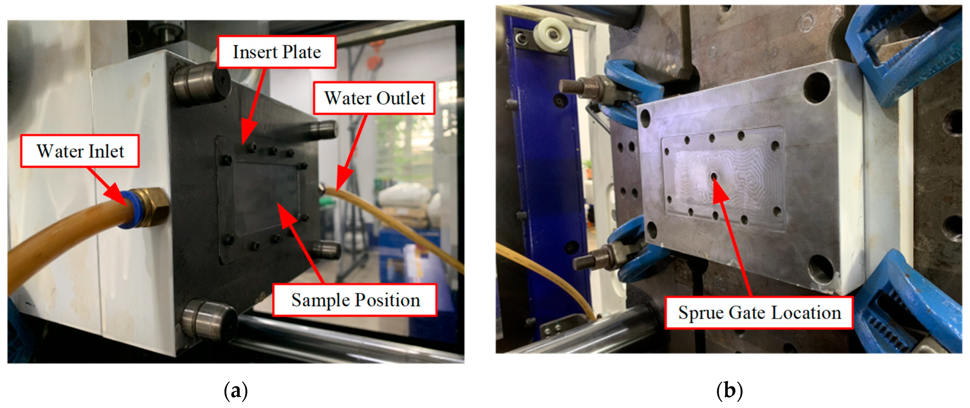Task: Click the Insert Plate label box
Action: (x=277, y=52)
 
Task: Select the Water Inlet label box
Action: (x=80, y=151)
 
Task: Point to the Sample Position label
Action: (x=355, y=300)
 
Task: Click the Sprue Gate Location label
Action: (x=759, y=313)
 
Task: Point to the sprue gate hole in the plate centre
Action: (x=713, y=176)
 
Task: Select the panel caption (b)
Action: (x=729, y=391)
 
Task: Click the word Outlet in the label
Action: (x=401, y=98)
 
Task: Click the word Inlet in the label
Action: (x=106, y=151)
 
